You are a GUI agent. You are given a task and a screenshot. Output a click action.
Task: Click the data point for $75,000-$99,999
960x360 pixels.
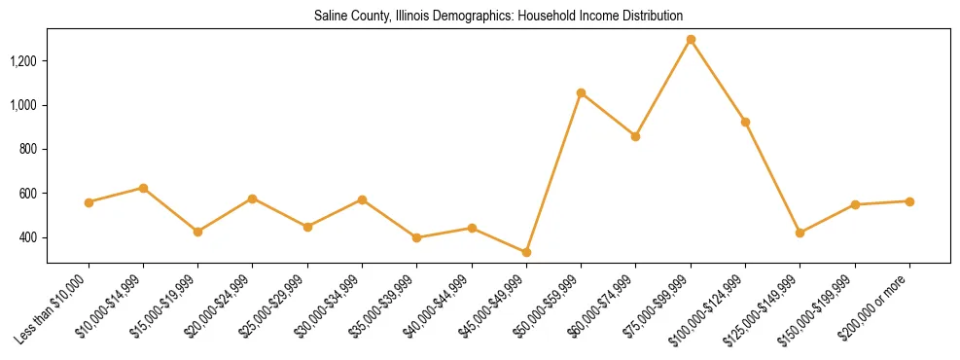(x=691, y=40)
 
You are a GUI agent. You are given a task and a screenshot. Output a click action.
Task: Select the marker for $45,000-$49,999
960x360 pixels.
(x=526, y=252)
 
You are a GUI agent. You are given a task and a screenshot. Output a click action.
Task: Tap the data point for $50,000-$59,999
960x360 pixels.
(x=581, y=93)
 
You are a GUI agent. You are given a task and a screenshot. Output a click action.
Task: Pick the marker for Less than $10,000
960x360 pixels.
(x=89, y=202)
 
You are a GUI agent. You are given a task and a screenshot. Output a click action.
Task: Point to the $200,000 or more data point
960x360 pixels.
(x=909, y=201)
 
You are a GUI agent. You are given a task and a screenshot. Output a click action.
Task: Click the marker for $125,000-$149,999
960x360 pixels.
(x=800, y=233)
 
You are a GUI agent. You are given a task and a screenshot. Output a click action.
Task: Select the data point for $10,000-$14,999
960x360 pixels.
(x=143, y=188)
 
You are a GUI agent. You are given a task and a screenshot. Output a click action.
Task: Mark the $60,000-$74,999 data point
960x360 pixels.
(x=635, y=136)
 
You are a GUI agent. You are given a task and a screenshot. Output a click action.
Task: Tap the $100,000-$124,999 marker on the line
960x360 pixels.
(x=745, y=122)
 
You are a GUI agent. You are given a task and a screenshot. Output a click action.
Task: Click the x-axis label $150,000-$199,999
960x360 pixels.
(x=820, y=310)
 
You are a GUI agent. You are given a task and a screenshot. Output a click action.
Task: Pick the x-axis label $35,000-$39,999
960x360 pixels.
(x=384, y=309)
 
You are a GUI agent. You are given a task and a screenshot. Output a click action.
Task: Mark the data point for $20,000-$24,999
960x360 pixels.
(x=253, y=198)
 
